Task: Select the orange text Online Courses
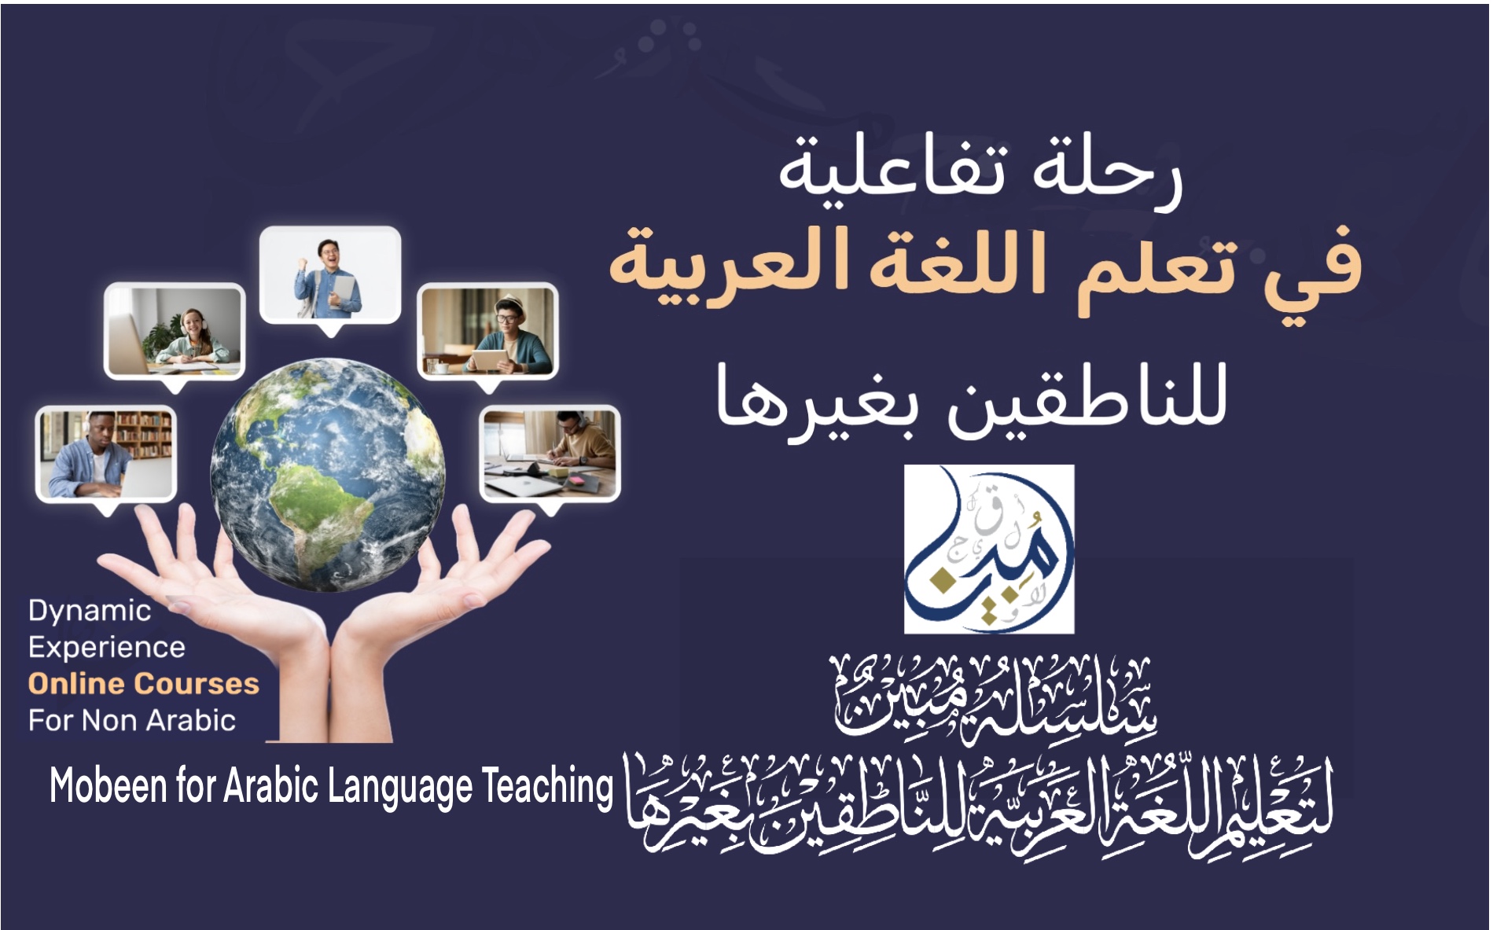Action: pyautogui.click(x=144, y=684)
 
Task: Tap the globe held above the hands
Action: pyautogui.click(x=328, y=474)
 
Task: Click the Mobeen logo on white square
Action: pyautogui.click(x=989, y=549)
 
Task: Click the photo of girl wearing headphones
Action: pyautogui.click(x=175, y=331)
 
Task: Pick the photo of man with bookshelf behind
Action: pyautogui.click(x=106, y=454)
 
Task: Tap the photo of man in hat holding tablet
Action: pyautogui.click(x=487, y=331)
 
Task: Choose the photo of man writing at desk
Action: pyautogui.click(x=550, y=454)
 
